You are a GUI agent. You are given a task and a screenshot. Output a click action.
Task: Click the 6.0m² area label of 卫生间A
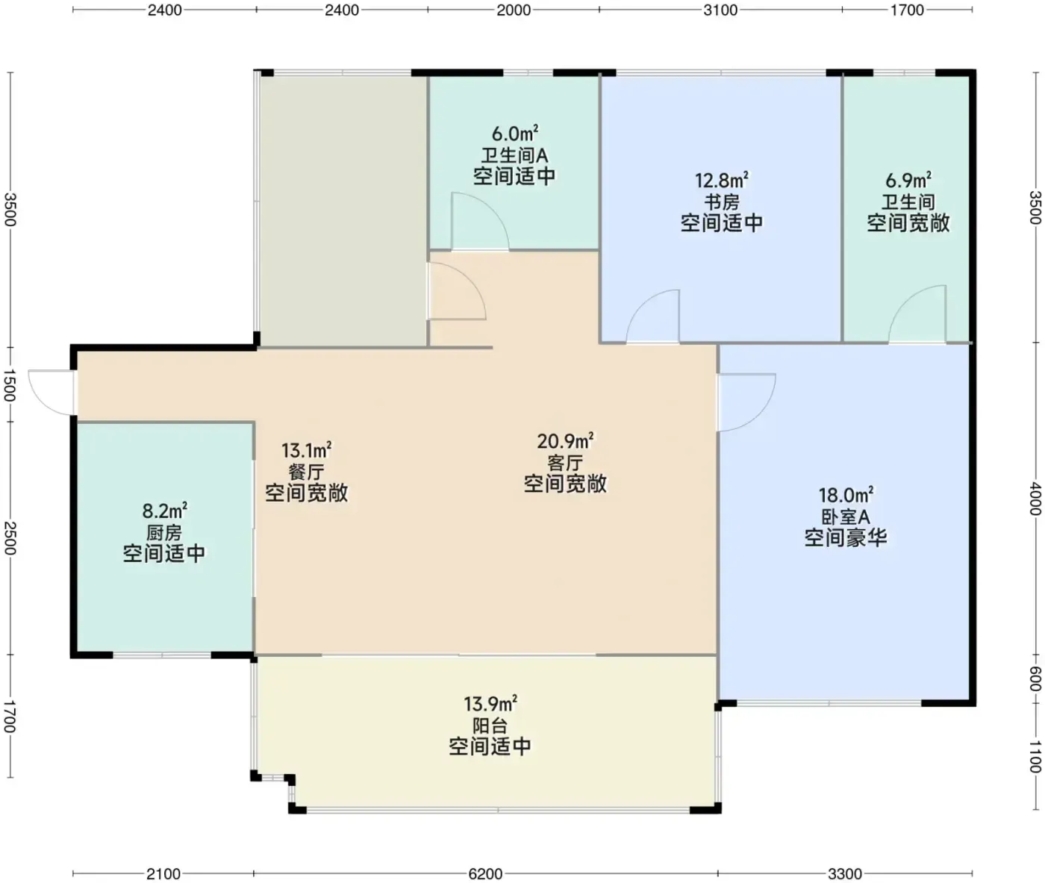click(x=514, y=134)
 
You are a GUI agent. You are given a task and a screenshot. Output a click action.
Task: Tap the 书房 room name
click(x=722, y=202)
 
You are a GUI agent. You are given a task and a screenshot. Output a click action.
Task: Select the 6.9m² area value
click(x=908, y=180)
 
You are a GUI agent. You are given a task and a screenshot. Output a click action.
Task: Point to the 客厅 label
click(x=565, y=463)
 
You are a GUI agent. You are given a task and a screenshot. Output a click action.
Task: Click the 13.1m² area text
click(x=306, y=451)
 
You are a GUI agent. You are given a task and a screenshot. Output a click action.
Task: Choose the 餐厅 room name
click(x=306, y=472)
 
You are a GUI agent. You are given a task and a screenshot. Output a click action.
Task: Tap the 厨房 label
click(x=164, y=532)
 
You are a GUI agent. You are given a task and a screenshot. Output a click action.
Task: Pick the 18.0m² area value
click(x=846, y=496)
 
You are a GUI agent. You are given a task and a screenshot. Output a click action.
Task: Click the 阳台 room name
click(x=490, y=726)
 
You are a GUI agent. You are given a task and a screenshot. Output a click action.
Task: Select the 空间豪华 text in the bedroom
click(x=846, y=537)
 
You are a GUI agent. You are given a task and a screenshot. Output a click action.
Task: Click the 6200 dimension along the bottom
click(x=485, y=874)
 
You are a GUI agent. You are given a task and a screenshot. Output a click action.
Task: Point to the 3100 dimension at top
click(x=720, y=10)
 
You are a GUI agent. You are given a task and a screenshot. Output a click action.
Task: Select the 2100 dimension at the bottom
click(x=163, y=874)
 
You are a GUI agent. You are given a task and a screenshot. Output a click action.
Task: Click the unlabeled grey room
click(x=343, y=210)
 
